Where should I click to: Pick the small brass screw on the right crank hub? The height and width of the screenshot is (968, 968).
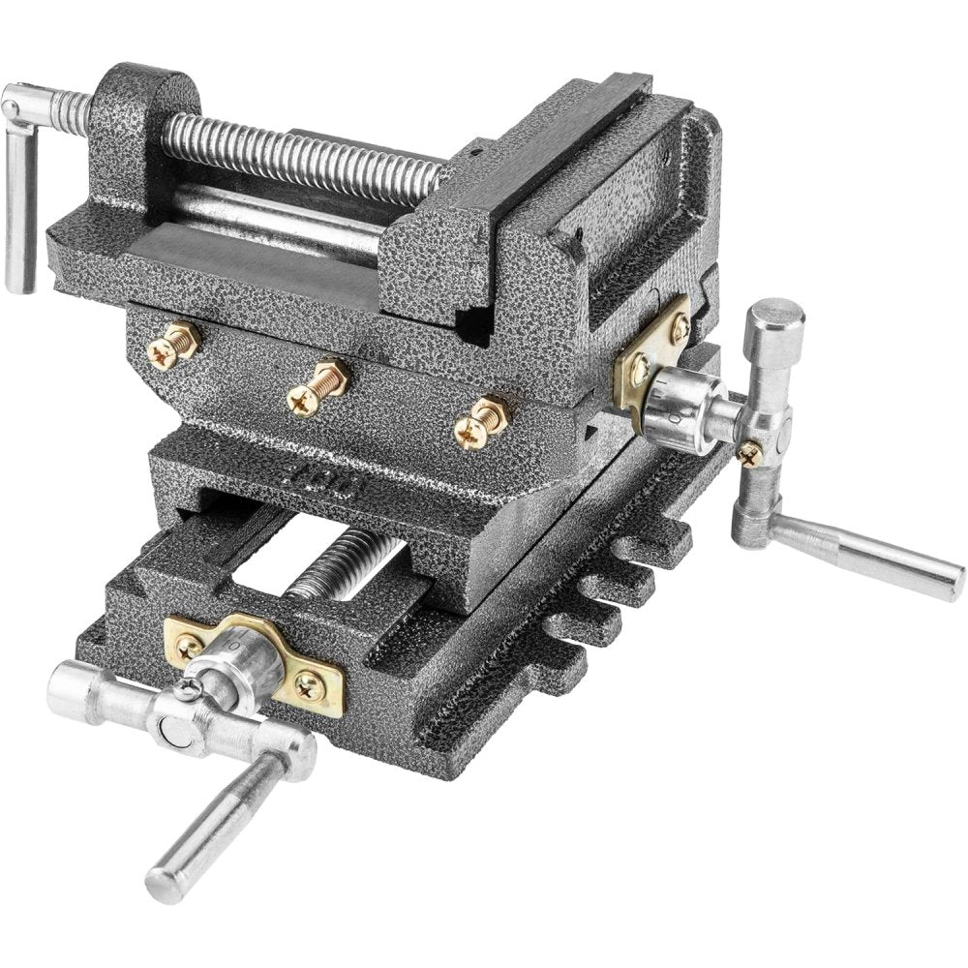coord(750,452)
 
